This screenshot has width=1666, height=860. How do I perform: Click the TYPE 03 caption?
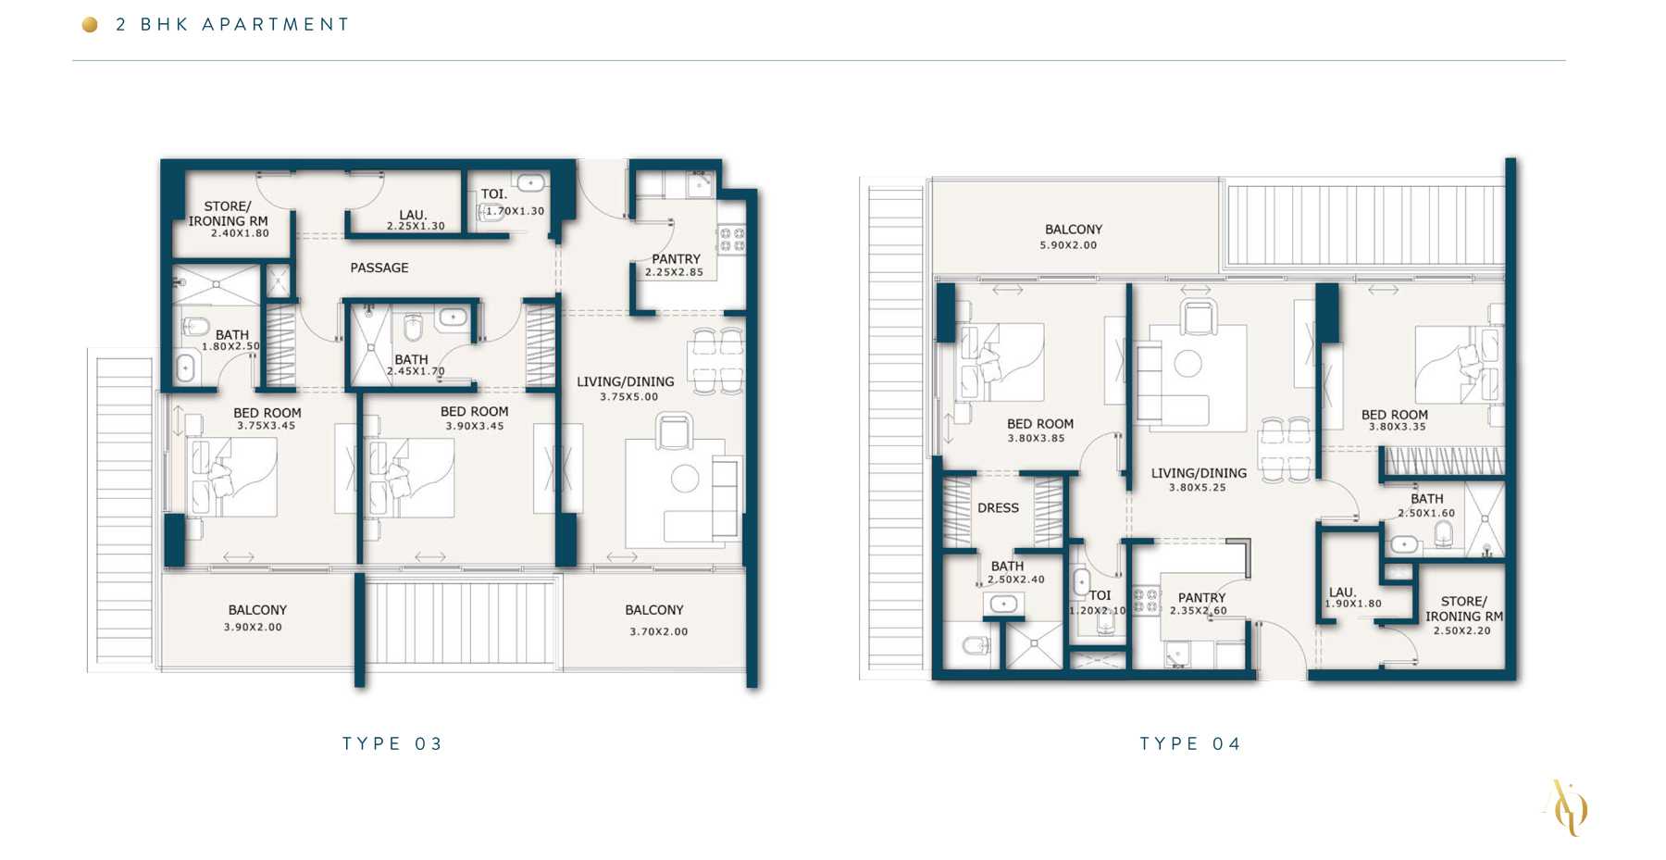pyautogui.click(x=392, y=743)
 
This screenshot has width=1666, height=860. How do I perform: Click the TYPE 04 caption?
pyautogui.click(x=1190, y=743)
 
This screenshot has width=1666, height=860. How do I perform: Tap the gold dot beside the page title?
pyautogui.click(x=90, y=25)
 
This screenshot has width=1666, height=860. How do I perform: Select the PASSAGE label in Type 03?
pyautogui.click(x=379, y=268)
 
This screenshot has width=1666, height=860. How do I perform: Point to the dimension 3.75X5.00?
pyautogui.click(x=629, y=397)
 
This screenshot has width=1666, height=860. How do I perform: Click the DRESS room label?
pyautogui.click(x=998, y=508)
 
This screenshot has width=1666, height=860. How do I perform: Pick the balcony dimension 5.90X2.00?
pyautogui.click(x=1068, y=245)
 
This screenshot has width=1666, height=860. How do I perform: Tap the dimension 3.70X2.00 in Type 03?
pyautogui.click(x=659, y=631)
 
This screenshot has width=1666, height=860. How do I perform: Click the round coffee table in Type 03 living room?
pyautogui.click(x=685, y=479)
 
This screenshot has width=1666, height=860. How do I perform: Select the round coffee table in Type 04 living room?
pyautogui.click(x=1188, y=363)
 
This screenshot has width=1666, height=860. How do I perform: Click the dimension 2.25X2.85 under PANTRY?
pyautogui.click(x=674, y=272)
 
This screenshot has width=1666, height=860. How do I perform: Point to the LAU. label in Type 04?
pyautogui.click(x=1343, y=592)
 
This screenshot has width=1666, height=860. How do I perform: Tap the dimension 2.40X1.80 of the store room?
pyautogui.click(x=240, y=233)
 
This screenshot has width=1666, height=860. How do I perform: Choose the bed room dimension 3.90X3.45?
pyautogui.click(x=475, y=426)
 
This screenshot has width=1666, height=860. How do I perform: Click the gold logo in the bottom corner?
pyautogui.click(x=1566, y=807)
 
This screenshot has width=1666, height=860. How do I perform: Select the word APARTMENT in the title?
pyautogui.click(x=276, y=25)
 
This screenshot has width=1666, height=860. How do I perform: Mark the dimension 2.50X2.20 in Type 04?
pyautogui.click(x=1462, y=630)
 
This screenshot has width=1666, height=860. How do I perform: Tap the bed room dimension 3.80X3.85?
pyautogui.click(x=1037, y=438)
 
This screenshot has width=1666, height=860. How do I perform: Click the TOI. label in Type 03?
pyautogui.click(x=494, y=194)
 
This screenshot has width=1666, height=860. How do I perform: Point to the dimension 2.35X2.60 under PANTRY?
pyautogui.click(x=1199, y=611)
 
